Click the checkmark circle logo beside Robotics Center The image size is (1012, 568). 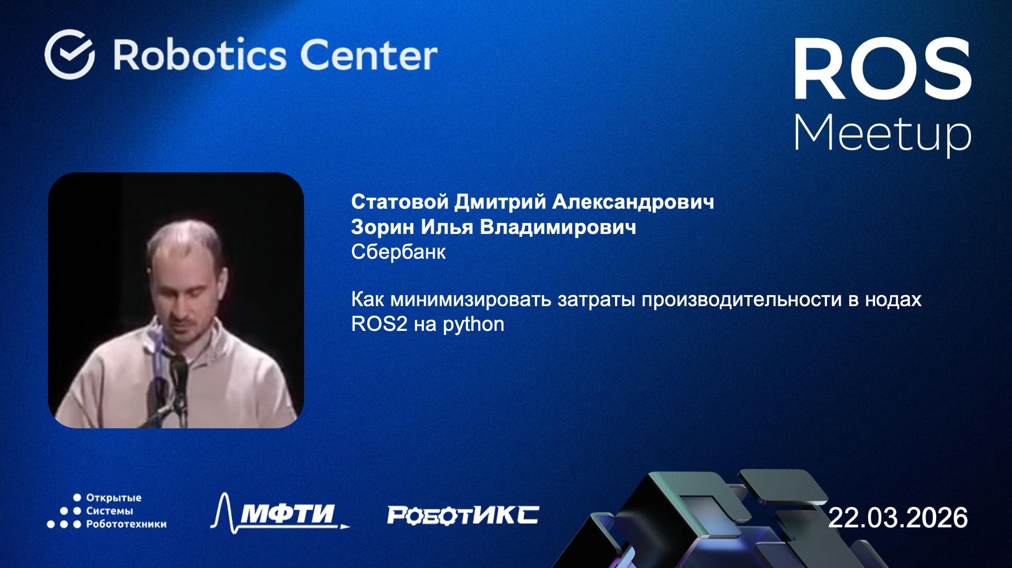(x=70, y=54)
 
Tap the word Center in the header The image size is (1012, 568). (x=368, y=55)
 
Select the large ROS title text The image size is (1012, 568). (x=882, y=69)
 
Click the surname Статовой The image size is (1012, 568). (x=400, y=202)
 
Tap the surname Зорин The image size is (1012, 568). (x=383, y=227)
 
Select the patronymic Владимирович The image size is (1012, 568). (x=558, y=227)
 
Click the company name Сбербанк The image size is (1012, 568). (x=398, y=252)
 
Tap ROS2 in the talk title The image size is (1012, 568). (x=379, y=324)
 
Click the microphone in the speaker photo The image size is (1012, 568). (x=178, y=371)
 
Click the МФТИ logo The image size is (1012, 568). (x=281, y=512)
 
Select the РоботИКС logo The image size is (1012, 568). (x=462, y=515)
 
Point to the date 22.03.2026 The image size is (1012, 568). (x=898, y=517)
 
